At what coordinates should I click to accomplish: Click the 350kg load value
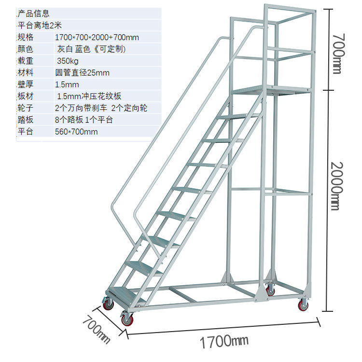pos(68,61)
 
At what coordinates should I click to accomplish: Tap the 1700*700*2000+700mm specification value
pos(97,37)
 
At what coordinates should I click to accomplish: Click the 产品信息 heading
pos(33,14)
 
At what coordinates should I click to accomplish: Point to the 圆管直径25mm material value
pos(83,73)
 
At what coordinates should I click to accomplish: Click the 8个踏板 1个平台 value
pos(84,120)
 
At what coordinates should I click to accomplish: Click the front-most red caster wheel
pos(127,319)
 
